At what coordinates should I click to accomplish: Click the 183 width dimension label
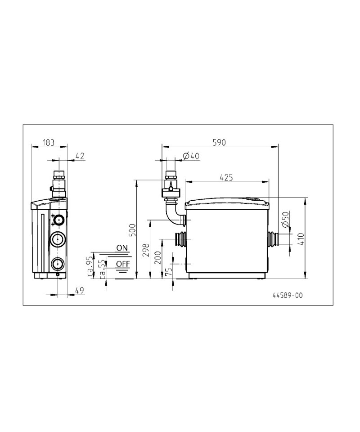click(x=49, y=143)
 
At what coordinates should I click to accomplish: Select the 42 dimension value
click(x=80, y=156)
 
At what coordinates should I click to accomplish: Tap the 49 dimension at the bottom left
click(x=80, y=290)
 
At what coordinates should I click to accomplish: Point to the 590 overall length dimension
click(x=220, y=142)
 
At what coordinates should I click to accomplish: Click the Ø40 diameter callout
click(x=191, y=156)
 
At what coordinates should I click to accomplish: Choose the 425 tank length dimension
click(x=226, y=177)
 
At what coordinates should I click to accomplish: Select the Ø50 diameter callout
click(x=285, y=220)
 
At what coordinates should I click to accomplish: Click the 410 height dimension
click(x=301, y=239)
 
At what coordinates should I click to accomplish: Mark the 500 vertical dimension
click(x=132, y=230)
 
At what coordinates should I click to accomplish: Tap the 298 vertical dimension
click(x=146, y=250)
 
